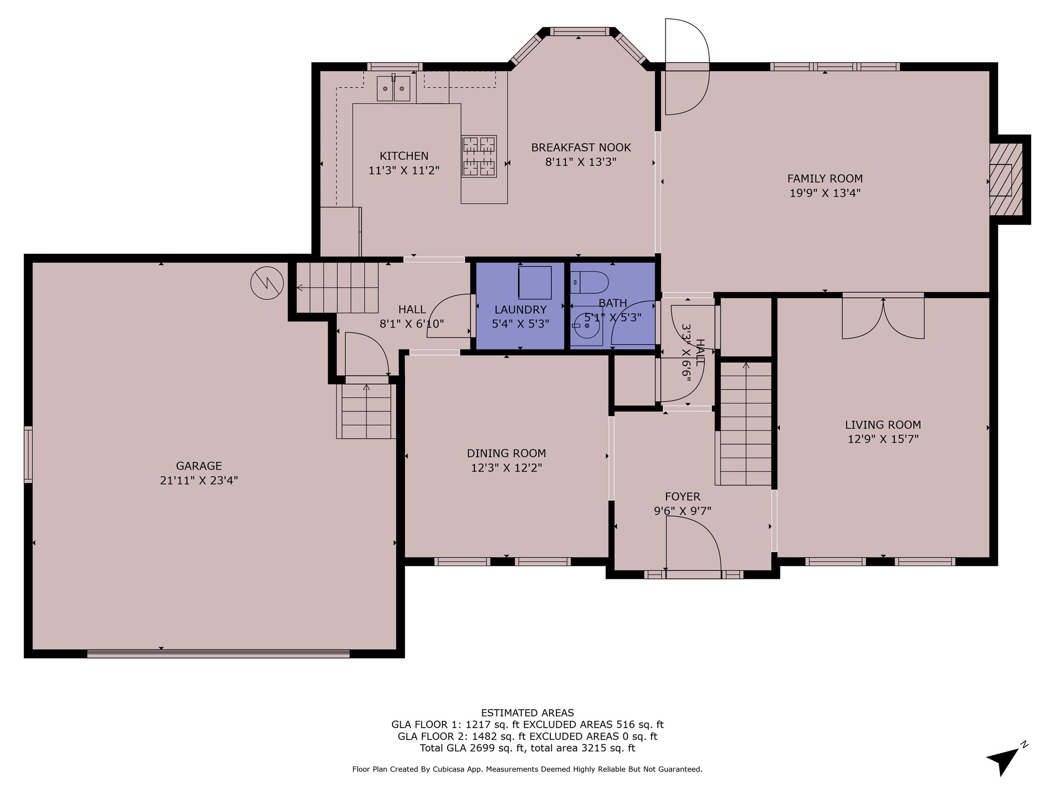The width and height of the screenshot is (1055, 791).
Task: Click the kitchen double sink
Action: [x=394, y=88]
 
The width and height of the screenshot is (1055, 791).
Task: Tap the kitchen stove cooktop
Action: [x=479, y=157]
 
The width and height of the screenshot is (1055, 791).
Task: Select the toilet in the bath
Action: [x=590, y=282]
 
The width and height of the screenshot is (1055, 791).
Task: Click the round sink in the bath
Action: [x=587, y=326]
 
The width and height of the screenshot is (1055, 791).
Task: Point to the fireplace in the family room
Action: [x=1005, y=179]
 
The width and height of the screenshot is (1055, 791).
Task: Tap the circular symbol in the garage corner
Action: [x=267, y=282]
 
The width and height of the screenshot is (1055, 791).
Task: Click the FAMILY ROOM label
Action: [x=825, y=179]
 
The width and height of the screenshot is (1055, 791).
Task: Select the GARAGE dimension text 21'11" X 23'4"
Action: [x=199, y=480]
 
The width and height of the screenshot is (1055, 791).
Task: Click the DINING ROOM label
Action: [x=506, y=454]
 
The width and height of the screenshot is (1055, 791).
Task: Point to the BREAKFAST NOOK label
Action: [x=581, y=148]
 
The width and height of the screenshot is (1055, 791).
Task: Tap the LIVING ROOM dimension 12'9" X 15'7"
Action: [x=883, y=439]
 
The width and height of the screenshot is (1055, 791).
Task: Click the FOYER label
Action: [x=683, y=497]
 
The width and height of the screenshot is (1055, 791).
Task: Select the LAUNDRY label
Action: [x=520, y=310]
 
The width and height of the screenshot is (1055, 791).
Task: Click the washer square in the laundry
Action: [x=535, y=283]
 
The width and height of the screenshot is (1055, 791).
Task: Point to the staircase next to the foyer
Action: [x=745, y=424]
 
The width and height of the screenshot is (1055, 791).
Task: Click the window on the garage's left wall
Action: [x=28, y=455]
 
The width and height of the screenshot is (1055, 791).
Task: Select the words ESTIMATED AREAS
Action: [x=527, y=713]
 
